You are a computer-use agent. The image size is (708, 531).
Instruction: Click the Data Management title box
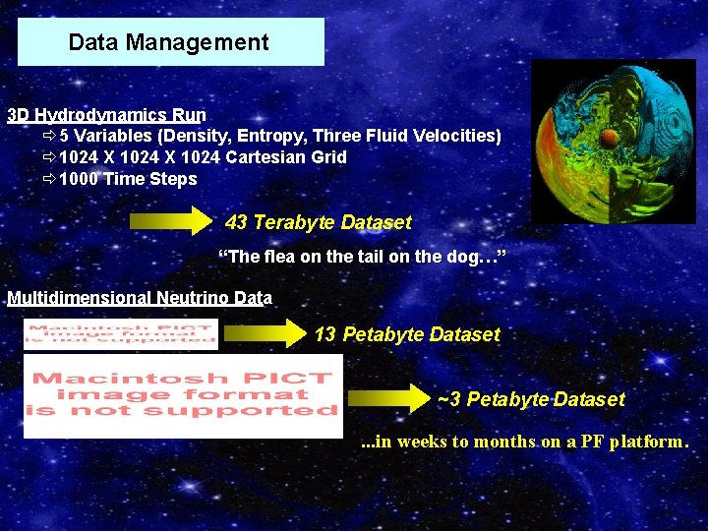[170, 42]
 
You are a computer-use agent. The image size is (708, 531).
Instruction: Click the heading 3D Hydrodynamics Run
[106, 114]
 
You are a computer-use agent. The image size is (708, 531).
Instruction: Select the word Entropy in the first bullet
[256, 136]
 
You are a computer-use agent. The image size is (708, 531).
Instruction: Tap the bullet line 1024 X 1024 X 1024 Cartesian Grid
[203, 157]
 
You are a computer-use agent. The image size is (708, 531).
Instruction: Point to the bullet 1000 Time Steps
[128, 179]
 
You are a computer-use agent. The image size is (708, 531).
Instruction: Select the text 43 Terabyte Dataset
[318, 222]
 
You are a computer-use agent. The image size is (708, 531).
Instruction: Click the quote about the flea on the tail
[361, 258]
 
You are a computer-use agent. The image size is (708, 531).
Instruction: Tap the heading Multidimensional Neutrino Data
[139, 298]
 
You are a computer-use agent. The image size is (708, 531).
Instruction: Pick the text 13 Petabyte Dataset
[407, 334]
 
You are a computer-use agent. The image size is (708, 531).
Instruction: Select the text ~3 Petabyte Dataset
[530, 399]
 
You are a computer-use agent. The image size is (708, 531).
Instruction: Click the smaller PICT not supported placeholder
[121, 334]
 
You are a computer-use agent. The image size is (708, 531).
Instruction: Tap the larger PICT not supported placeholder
[183, 395]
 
